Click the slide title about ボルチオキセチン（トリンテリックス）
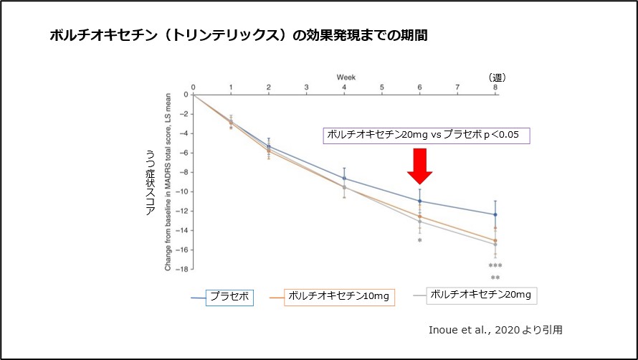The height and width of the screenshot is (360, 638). point(239,35)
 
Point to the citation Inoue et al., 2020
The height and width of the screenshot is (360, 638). point(495,331)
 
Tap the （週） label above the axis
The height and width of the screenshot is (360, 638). point(495,77)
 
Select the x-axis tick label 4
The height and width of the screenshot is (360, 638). point(344,87)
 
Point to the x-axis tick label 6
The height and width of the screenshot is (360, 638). point(420,87)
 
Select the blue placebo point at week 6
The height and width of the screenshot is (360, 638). point(420,201)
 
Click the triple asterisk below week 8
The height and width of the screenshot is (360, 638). point(495,266)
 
